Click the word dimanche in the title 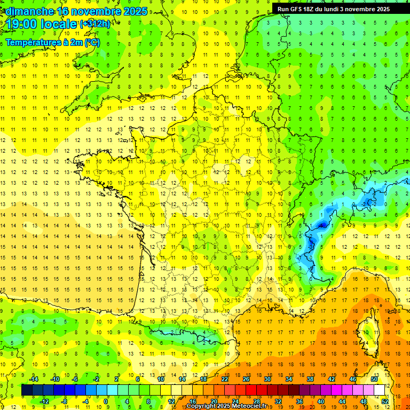(x=30, y=11)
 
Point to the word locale (x=61, y=23)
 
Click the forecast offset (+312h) (x=95, y=23)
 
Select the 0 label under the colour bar (x=106, y=401)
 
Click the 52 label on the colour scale (x=385, y=401)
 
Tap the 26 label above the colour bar (x=246, y=379)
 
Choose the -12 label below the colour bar (x=45, y=401)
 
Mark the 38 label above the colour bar (x=310, y=379)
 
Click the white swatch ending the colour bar (x=380, y=390)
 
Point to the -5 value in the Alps (x=322, y=226)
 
